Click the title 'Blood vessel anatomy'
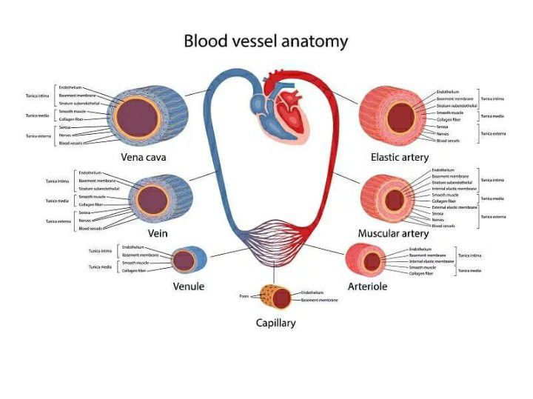click(266, 41)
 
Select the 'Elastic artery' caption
click(400, 157)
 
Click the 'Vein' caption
click(158, 233)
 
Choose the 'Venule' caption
click(189, 286)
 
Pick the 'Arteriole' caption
click(367, 286)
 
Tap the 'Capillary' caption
click(275, 323)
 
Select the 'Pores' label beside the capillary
click(244, 296)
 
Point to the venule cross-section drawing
click(184, 261)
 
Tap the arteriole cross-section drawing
click(368, 259)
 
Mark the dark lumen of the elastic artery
click(400, 116)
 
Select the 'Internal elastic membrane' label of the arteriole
click(432, 261)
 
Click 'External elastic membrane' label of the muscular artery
click(455, 207)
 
